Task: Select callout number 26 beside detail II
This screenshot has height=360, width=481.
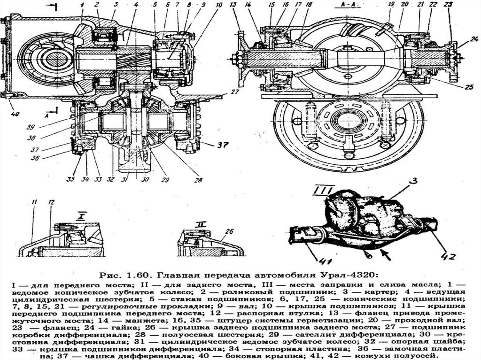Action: point(229,231)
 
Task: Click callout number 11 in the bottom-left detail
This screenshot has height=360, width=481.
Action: point(33,202)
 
